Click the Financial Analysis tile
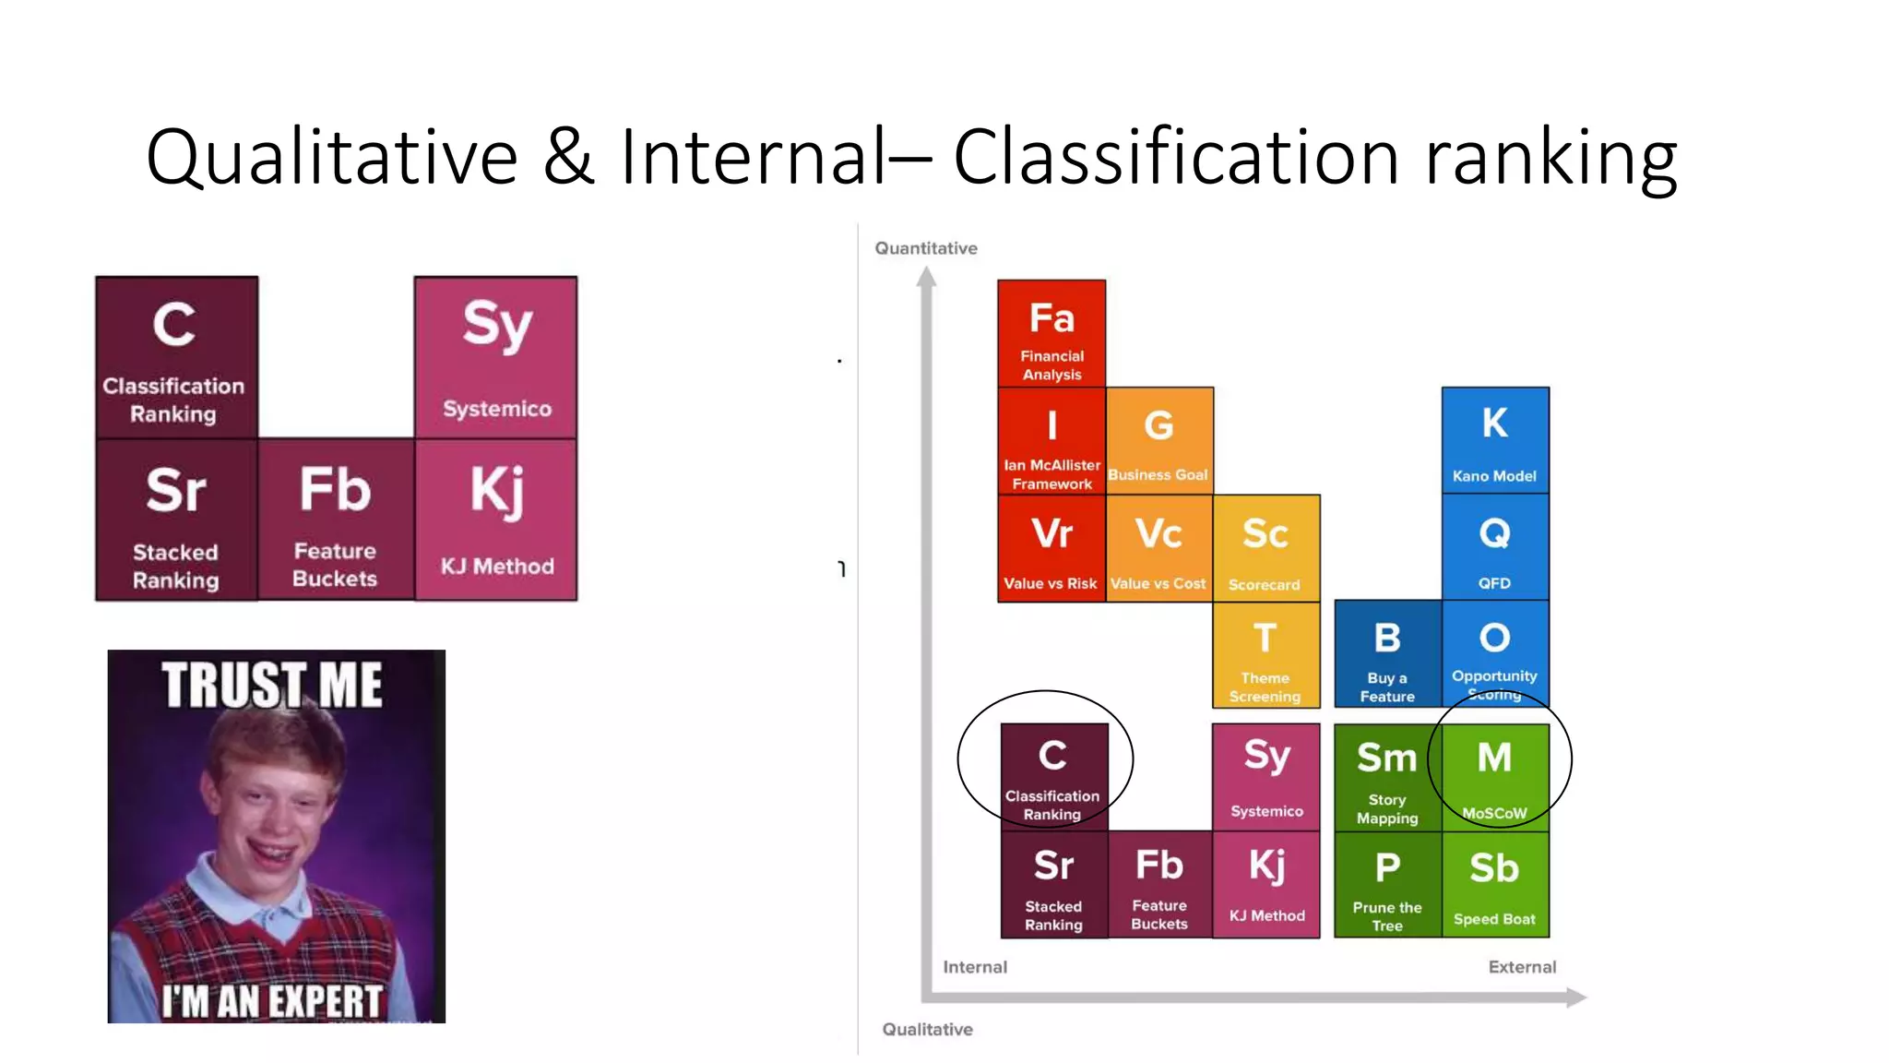[1051, 333]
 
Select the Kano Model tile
[1495, 440]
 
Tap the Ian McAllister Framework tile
[1051, 441]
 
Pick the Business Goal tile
[1159, 441]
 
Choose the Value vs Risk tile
[1051, 548]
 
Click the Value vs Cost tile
[1158, 548]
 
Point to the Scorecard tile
[1265, 548]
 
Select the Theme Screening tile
[1265, 655]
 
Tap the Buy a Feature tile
[1387, 655]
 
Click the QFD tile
[1495, 548]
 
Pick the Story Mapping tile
[1387, 778]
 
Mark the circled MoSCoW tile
[1495, 776]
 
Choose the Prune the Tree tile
[1387, 885]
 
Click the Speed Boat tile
[1495, 885]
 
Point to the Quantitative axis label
[926, 248]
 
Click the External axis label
[1522, 967]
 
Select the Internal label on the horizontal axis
[975, 967]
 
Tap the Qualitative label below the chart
[928, 1029]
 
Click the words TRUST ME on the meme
[272, 685]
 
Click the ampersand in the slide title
[568, 157]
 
